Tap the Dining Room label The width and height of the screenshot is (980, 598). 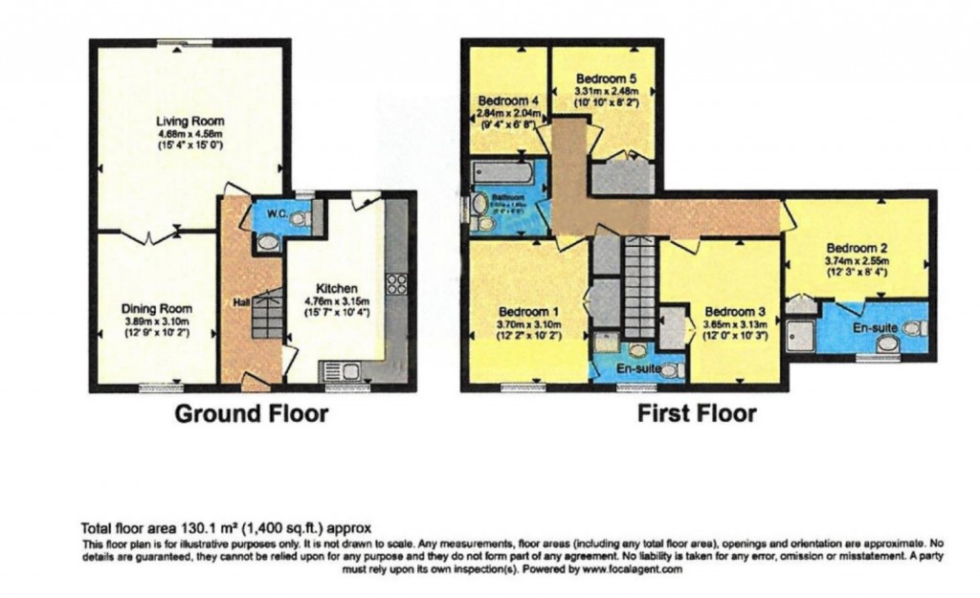[x=157, y=309]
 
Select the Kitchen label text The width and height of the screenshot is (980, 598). [x=337, y=288]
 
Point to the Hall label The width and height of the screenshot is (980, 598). [x=242, y=302]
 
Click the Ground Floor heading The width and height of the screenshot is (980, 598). [x=251, y=414]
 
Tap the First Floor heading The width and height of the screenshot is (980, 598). [x=697, y=414]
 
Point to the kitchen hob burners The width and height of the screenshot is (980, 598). [x=395, y=284]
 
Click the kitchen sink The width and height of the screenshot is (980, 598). [x=336, y=369]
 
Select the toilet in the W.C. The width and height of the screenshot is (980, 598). [x=301, y=219]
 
